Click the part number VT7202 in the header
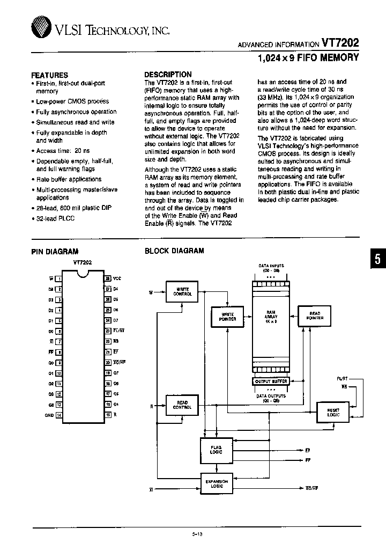click(340, 43)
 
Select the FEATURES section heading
click(50, 75)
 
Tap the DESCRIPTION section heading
click(168, 75)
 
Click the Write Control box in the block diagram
click(180, 291)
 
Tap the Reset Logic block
click(333, 411)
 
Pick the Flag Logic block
click(216, 449)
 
